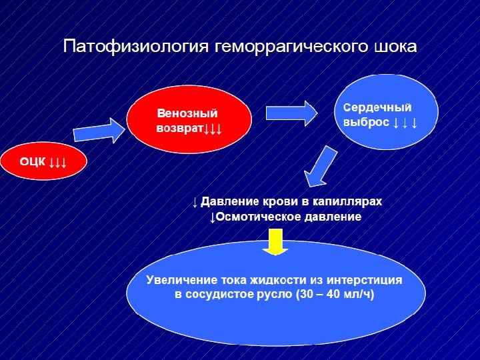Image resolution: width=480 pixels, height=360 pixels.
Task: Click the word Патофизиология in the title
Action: [136, 47]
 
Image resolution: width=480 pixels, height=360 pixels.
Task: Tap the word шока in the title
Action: [395, 47]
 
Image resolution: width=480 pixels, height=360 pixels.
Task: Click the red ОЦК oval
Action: [43, 161]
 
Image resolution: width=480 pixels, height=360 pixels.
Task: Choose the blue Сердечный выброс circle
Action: [386, 112]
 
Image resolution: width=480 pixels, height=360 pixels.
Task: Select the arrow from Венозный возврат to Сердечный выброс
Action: [292, 113]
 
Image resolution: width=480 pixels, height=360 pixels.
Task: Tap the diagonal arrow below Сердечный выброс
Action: [321, 167]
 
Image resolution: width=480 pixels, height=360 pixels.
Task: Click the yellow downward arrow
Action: [273, 241]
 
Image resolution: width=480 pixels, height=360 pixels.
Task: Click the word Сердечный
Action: [377, 107]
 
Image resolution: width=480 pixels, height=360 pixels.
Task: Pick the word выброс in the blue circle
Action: [365, 123]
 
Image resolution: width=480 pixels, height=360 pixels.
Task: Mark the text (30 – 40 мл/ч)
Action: [334, 294]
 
